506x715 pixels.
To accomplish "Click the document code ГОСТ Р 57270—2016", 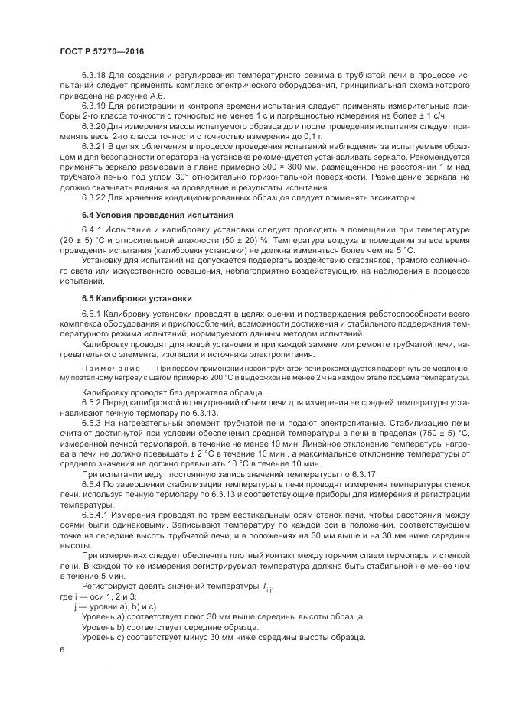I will coord(101,52).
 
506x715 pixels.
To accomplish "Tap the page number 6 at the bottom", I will coord(60,650).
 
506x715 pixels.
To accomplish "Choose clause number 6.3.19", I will coord(93,105).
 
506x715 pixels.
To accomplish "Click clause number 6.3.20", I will coord(93,125).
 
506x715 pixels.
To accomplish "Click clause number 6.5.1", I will coord(92,314).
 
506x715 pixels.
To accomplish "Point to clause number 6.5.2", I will coord(92,401).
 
